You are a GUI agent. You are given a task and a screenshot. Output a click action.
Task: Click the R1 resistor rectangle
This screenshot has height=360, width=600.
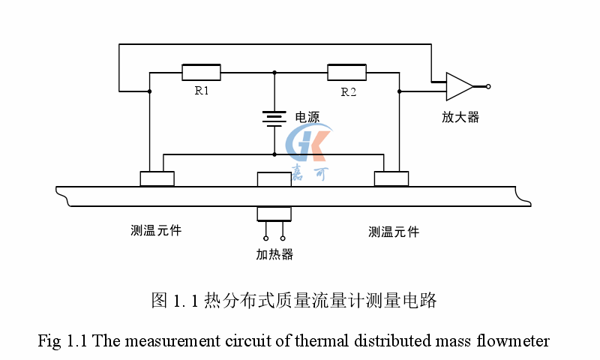tap(201, 72)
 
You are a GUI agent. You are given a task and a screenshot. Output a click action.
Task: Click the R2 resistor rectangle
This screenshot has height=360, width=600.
tap(346, 72)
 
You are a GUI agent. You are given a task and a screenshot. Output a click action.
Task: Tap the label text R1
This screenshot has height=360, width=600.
tap(202, 91)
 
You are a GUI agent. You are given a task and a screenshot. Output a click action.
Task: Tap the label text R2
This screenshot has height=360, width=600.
tap(348, 91)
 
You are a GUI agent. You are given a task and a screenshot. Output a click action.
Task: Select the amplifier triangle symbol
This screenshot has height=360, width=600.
tap(458, 86)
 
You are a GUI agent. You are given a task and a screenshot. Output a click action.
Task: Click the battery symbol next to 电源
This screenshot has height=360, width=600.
tap(274, 118)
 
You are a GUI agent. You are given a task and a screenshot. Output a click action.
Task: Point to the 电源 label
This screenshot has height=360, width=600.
tap(307, 117)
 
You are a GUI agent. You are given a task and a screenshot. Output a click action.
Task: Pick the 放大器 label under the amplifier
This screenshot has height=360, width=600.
tap(460, 116)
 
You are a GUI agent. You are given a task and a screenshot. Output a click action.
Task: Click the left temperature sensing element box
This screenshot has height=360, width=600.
tap(157, 178)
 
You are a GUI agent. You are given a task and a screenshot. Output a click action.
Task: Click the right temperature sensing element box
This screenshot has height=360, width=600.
tap(391, 178)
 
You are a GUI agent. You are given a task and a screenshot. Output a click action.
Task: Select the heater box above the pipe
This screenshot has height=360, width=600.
tap(274, 179)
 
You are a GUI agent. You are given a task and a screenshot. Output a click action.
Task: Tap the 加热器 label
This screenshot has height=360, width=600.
tap(274, 254)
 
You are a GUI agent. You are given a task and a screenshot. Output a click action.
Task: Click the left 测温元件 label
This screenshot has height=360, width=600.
tap(156, 231)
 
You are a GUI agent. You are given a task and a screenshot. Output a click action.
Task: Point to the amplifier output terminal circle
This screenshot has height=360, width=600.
tap(488, 86)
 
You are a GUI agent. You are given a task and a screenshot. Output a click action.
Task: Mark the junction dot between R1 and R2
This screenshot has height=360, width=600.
tap(274, 73)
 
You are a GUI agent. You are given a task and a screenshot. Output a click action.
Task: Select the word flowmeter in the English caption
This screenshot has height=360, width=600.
tap(517, 341)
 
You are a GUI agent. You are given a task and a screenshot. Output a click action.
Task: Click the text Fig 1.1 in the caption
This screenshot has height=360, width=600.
tap(64, 341)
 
